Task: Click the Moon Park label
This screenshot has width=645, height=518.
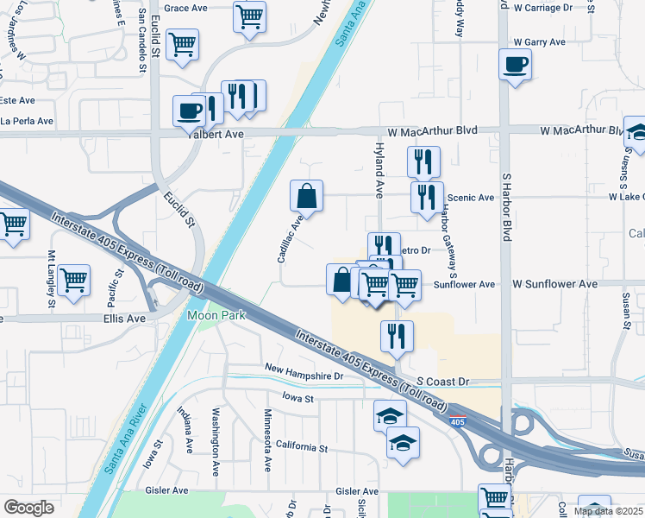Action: [216, 315]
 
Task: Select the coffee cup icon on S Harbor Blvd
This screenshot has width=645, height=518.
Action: [515, 65]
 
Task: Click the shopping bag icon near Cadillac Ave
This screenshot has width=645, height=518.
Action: [306, 196]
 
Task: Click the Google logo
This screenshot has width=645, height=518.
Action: [29, 508]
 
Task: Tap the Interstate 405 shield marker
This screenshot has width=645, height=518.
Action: [454, 422]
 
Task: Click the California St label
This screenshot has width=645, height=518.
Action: [302, 448]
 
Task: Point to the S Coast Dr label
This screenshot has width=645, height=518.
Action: [442, 381]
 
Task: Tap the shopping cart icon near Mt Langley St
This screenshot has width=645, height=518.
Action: [74, 279]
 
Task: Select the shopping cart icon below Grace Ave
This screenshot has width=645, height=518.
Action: [249, 16]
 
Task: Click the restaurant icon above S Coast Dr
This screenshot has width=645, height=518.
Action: [397, 336]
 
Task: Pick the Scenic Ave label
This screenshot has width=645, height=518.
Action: [470, 198]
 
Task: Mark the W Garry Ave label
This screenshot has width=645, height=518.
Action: [539, 41]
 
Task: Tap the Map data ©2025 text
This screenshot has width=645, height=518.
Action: [609, 511]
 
